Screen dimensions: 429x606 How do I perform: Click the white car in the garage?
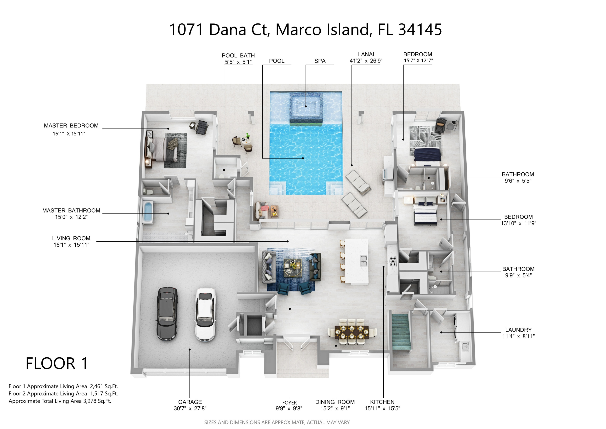coord(205,314)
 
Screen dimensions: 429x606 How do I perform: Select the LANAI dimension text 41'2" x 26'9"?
coord(366,61)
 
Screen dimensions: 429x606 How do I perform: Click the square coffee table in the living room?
coord(292,268)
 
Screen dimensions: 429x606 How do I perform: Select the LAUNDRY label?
coord(518,330)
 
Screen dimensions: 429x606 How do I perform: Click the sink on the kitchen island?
coord(363,261)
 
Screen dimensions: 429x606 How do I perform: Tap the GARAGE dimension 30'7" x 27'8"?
coord(190,408)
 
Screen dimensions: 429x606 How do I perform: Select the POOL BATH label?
coord(238,55)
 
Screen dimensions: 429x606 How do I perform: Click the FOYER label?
coord(289,402)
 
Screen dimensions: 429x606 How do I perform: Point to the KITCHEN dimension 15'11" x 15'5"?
coord(382,408)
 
